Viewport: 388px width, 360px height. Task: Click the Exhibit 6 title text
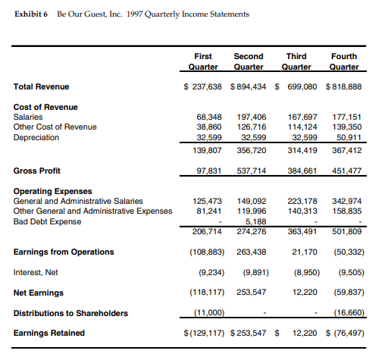coord(132,14)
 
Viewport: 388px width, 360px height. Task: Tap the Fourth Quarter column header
coord(344,61)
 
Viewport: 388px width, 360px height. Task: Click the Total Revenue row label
coord(39,86)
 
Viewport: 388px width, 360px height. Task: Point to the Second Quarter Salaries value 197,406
coord(251,117)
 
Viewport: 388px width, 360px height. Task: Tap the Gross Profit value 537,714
coord(251,171)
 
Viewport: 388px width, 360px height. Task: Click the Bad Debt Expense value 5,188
coord(255,221)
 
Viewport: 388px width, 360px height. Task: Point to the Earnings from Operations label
coord(64,252)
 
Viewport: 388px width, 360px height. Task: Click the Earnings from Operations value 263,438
coord(251,252)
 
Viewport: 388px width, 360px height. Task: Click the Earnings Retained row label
coord(49,332)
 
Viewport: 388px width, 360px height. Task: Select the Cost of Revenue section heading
coord(45,107)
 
